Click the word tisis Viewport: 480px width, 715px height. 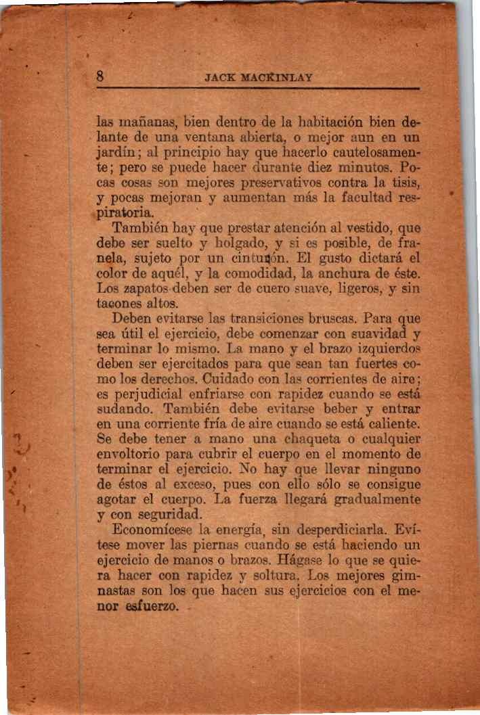tap(409, 183)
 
